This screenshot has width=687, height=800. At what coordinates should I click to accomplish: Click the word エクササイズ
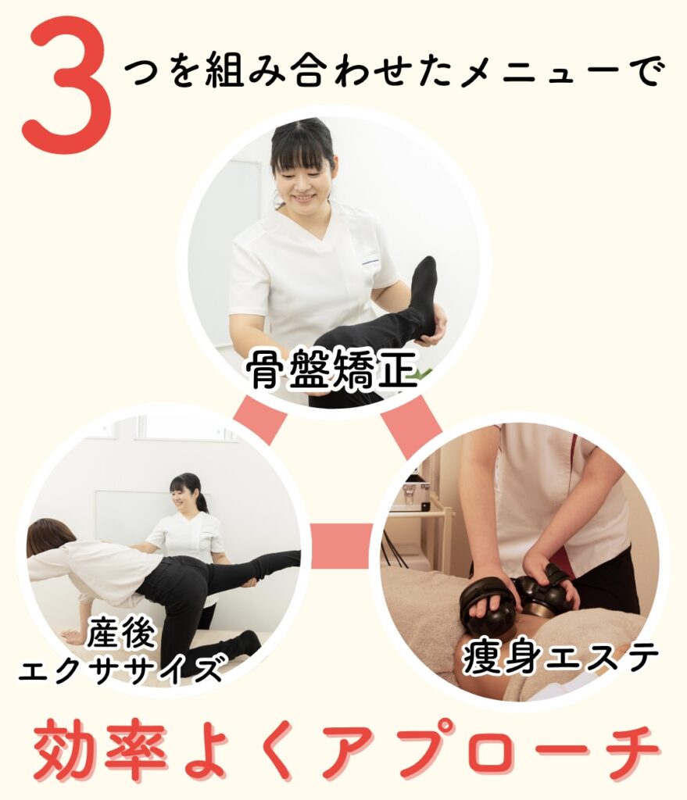121,670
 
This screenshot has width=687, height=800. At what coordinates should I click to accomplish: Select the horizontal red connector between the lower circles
342,545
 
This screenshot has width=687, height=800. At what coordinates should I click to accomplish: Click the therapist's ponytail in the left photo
202,497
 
